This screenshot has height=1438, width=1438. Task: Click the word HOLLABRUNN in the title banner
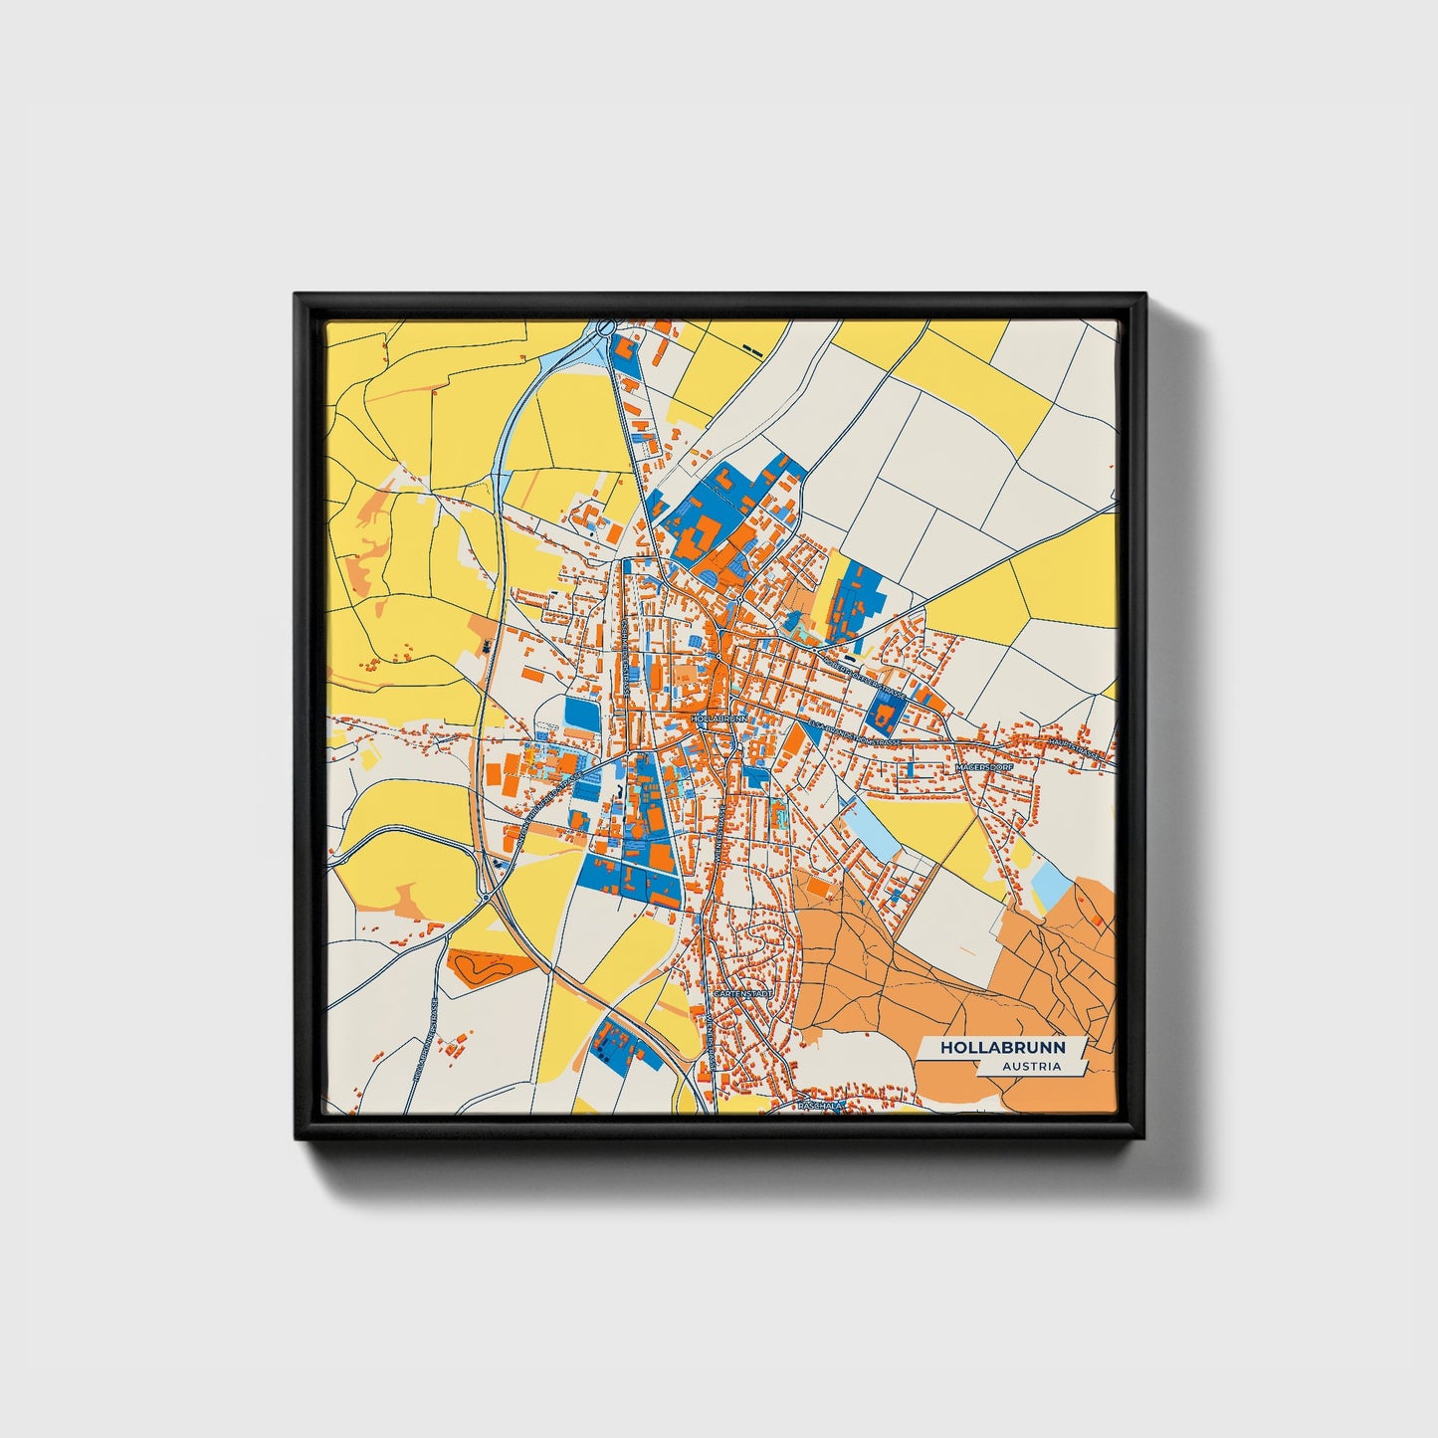click(x=1002, y=1048)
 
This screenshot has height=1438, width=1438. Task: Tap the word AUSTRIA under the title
click(x=1031, y=1067)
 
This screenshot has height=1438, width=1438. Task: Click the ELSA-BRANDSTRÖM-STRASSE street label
click(x=855, y=734)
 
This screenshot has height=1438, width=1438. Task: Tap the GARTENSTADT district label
click(x=742, y=993)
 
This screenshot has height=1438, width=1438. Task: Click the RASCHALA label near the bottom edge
click(x=821, y=1105)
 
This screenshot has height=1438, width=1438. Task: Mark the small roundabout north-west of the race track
click(x=485, y=897)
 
